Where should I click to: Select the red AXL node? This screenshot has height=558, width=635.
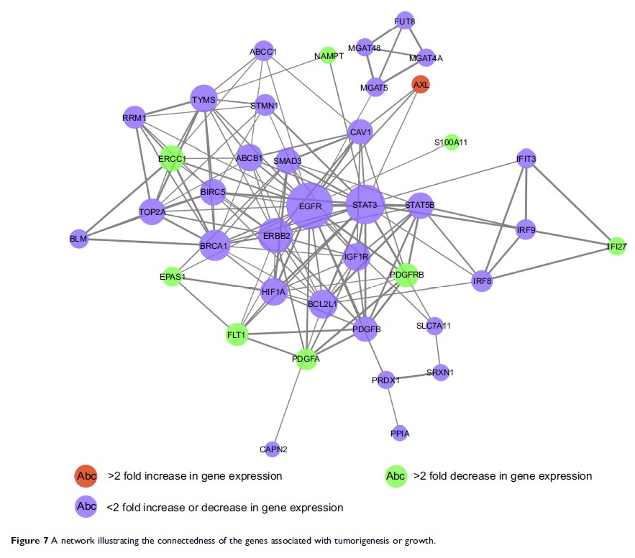(x=421, y=85)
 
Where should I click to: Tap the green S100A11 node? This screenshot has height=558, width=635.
(x=451, y=142)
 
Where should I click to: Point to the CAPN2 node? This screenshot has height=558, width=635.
(x=272, y=449)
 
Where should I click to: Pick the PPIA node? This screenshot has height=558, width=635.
(x=400, y=433)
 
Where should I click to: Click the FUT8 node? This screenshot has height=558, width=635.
(x=405, y=21)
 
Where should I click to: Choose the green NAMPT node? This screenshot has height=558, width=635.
(x=328, y=55)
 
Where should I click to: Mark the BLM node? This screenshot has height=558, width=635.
(x=78, y=239)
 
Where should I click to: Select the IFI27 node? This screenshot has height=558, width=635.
(x=616, y=247)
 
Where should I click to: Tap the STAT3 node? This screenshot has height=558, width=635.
(x=365, y=205)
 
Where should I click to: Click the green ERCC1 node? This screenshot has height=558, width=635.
(x=172, y=159)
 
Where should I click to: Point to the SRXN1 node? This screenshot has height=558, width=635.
(x=441, y=372)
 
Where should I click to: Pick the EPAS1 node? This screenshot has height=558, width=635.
(x=172, y=276)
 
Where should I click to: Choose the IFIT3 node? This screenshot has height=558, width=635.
(x=526, y=158)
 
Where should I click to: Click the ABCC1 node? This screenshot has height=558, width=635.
(x=263, y=51)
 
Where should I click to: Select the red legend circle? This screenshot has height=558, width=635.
(x=86, y=475)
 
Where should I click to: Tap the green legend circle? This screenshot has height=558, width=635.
(x=395, y=475)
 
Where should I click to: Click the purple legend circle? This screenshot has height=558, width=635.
(x=86, y=507)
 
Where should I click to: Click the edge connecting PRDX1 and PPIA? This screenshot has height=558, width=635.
(x=393, y=407)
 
